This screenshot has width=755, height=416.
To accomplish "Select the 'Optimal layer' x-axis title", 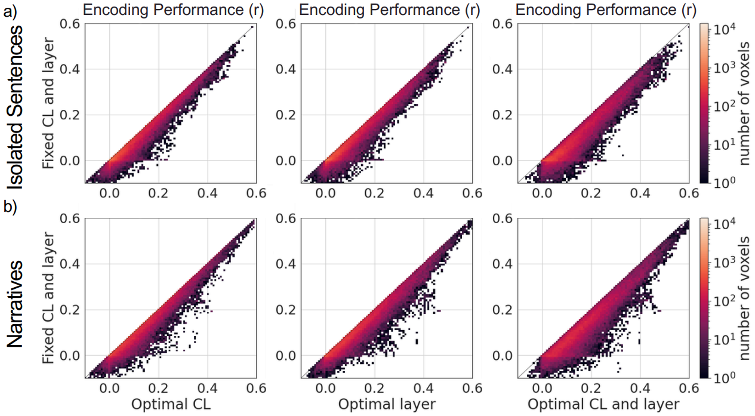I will click(x=387, y=404).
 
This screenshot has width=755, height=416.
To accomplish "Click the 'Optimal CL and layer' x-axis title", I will click(x=603, y=404).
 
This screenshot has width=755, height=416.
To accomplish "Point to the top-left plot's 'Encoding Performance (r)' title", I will click(x=170, y=10).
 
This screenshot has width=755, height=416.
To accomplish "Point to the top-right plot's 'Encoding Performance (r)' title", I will click(x=603, y=10).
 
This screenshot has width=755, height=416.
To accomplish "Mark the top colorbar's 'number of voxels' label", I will click(x=745, y=102).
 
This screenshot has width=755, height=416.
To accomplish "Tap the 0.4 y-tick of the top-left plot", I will click(x=70, y=69).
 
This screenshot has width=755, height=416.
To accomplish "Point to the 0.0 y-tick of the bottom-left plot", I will click(x=70, y=356).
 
